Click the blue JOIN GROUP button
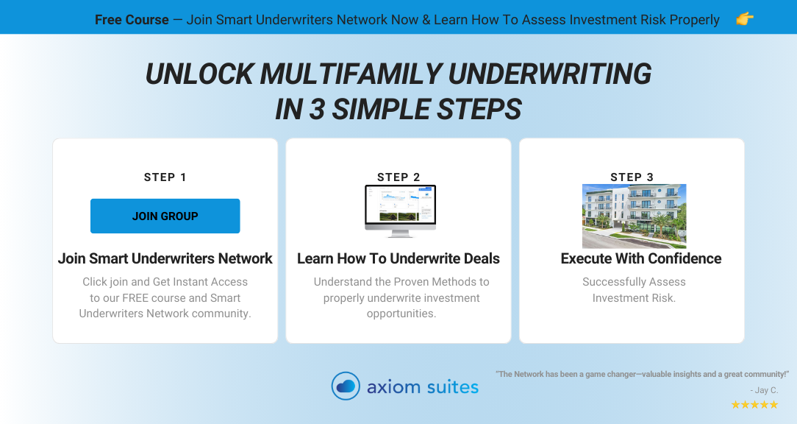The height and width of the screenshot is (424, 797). coord(165,216)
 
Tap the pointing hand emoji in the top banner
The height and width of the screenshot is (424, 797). coord(745,19)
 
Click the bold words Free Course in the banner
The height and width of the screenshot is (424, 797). coord(132,20)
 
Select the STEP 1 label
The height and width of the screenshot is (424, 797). coord(165,177)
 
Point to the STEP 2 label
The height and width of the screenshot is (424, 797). coord(398,177)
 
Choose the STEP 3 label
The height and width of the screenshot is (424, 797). coord(632,177)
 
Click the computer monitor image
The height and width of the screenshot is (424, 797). coord(401,211)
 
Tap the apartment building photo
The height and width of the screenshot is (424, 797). coord(635,216)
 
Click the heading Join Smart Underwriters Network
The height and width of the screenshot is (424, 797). coord(165,258)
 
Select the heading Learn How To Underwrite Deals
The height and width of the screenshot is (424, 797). coord(398,258)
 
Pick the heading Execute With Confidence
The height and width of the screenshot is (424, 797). coord(641,258)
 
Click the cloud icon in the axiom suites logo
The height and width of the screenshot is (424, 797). coord(346,386)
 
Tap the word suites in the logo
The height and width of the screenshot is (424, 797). coord(452,387)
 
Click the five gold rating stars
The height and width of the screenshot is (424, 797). coord(754,405)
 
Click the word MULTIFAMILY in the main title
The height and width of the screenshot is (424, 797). coord(351,74)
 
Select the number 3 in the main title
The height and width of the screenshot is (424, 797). coord(317,110)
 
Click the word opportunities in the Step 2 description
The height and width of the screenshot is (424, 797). coord(401,314)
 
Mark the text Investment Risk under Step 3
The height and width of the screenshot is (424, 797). coord(634,298)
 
